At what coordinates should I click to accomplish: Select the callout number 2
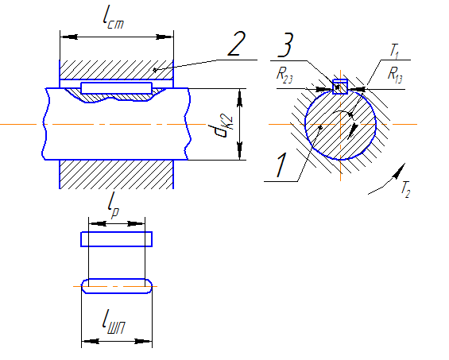tap(237, 44)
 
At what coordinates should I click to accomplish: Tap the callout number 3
tap(286, 45)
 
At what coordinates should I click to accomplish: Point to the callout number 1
tap(281, 165)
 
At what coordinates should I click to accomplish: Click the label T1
tap(395, 52)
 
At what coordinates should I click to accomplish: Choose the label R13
tap(395, 75)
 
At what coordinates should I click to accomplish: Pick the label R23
tap(284, 75)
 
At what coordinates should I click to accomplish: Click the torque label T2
tap(406, 189)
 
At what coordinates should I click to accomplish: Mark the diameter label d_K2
tap(224, 126)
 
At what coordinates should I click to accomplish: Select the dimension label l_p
tap(114, 205)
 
